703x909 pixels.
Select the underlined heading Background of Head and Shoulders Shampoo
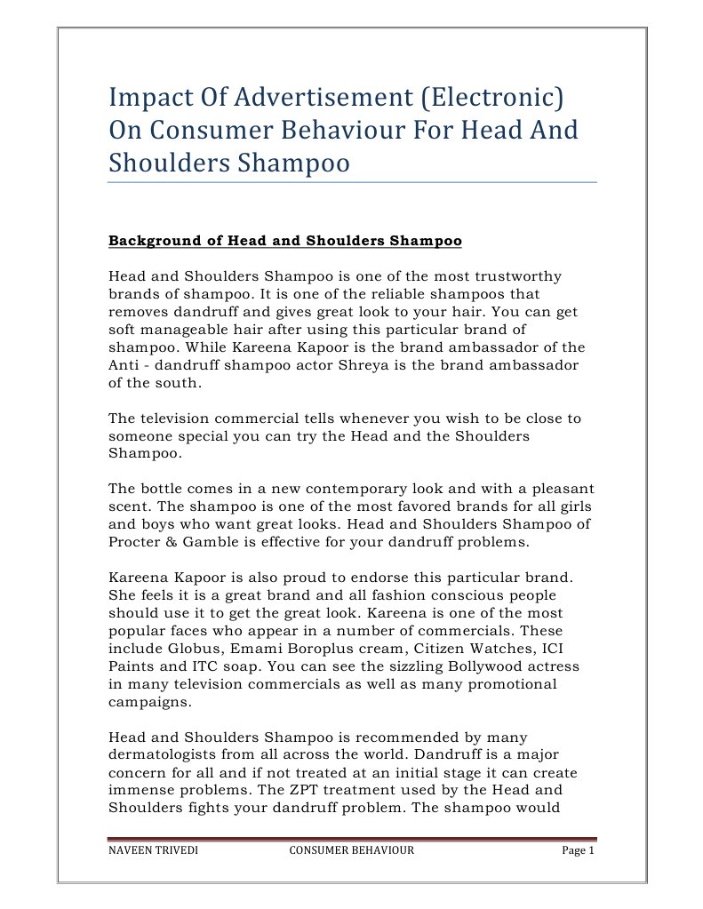pos(284,241)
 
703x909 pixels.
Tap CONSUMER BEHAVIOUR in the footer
pos(352,851)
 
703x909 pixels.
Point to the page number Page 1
pos(577,851)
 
